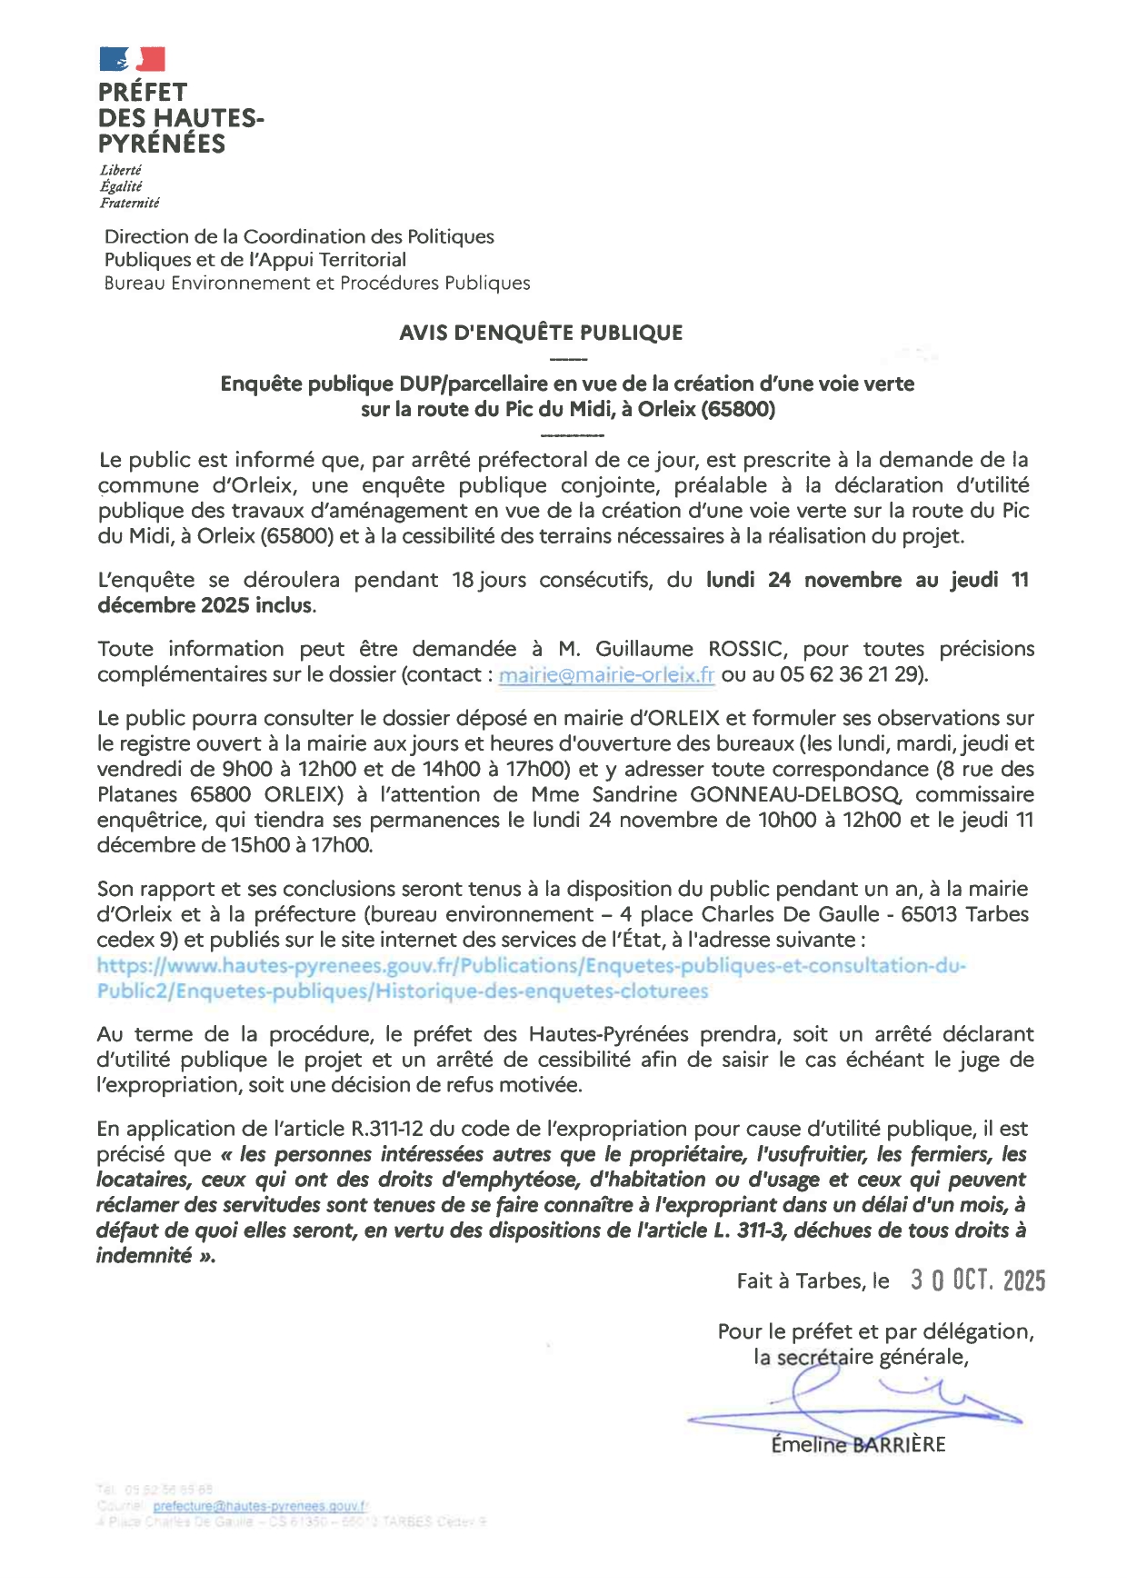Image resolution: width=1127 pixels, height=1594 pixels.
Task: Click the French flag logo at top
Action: pos(132,59)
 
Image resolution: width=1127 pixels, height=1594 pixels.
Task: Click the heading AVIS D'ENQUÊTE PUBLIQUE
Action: pos(541,333)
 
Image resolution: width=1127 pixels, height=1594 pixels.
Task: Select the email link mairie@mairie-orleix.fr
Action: pos(606,675)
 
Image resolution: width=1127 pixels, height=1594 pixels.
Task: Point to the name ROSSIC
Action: pos(745,649)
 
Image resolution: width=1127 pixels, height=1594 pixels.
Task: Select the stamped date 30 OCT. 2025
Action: pos(978,1280)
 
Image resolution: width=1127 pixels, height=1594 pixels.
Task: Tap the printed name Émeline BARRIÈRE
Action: pos(858,1445)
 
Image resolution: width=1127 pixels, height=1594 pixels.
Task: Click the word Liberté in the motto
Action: pos(121,170)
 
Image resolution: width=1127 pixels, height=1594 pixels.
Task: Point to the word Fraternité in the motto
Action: pos(130,203)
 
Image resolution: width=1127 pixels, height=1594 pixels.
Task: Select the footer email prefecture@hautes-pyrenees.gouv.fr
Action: pos(260,1506)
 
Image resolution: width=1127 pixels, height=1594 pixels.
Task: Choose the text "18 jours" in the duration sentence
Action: pos(489,580)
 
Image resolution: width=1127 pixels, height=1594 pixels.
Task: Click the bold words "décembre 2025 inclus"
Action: pos(205,605)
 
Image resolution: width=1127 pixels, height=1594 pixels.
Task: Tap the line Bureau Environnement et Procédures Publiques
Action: pos(317,283)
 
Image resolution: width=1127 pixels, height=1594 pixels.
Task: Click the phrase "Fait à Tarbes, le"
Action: pos(813,1281)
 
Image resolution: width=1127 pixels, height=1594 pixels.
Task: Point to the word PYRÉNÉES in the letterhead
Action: pos(162,144)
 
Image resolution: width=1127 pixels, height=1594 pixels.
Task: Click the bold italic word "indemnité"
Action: pos(144,1256)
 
